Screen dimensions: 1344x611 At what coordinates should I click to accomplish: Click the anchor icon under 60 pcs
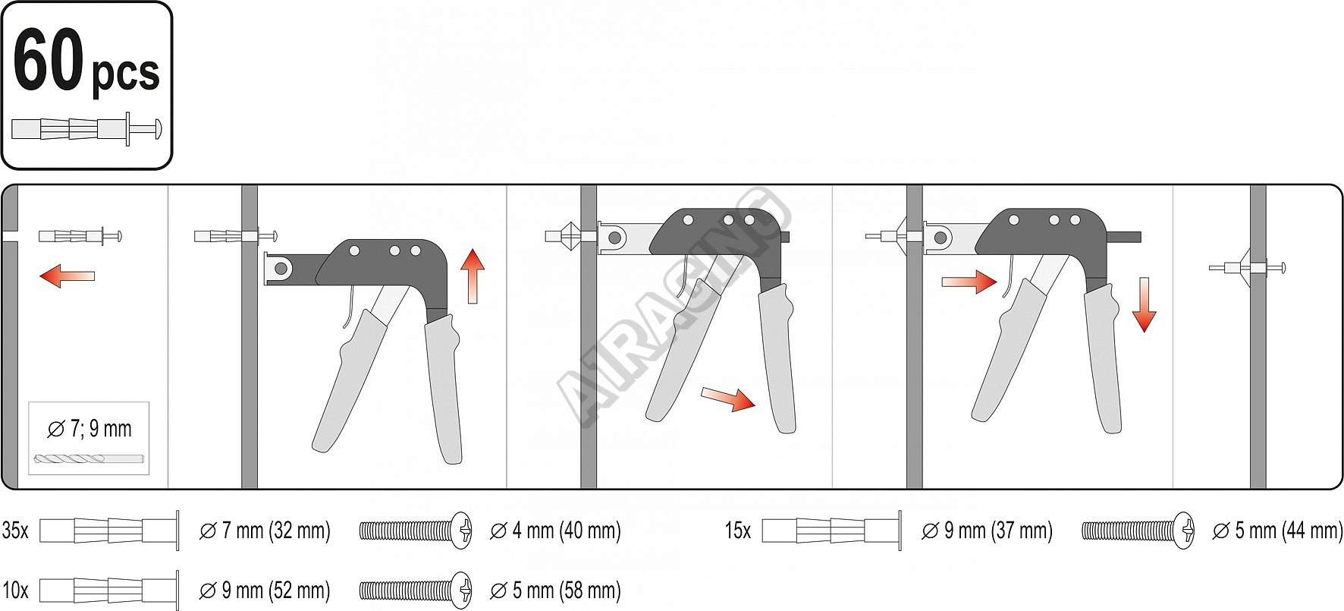click(x=87, y=129)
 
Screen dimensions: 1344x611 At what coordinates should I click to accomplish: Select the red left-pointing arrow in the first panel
click(x=67, y=276)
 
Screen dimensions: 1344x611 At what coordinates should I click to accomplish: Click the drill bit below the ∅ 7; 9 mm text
click(x=89, y=459)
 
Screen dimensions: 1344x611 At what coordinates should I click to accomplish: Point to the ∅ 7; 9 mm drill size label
click(x=89, y=429)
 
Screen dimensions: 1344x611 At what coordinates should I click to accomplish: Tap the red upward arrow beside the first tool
click(x=473, y=276)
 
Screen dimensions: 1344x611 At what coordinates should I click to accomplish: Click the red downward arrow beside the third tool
click(x=1144, y=304)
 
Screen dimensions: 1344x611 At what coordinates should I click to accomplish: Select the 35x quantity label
click(x=15, y=530)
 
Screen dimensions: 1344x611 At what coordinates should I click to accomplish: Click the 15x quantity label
click(x=738, y=530)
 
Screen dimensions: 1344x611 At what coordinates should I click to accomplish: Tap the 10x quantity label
click(x=15, y=590)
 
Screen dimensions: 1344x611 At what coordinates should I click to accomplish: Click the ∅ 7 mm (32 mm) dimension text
click(x=265, y=530)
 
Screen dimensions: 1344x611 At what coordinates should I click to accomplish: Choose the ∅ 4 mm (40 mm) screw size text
click(x=556, y=530)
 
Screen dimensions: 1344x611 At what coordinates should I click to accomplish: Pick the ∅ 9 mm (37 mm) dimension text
click(x=987, y=530)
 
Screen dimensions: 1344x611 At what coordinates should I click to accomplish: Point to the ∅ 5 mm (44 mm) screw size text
click(x=1278, y=530)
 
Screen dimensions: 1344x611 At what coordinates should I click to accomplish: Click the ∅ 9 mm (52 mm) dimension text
click(x=265, y=590)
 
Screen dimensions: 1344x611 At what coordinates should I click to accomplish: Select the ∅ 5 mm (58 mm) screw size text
click(x=556, y=590)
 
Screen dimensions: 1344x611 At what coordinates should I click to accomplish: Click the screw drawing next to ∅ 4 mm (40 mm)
click(x=416, y=530)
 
